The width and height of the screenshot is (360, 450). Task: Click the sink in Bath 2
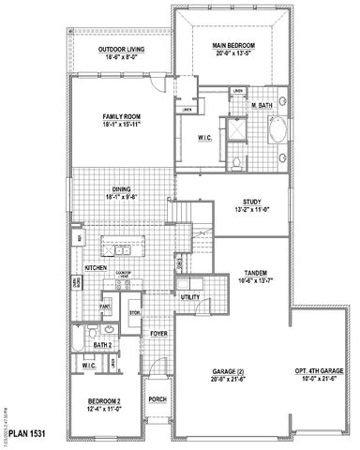(109, 330)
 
